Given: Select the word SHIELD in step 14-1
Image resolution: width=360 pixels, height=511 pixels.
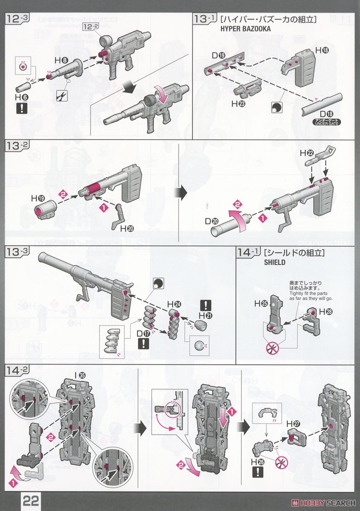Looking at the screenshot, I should click(274, 262).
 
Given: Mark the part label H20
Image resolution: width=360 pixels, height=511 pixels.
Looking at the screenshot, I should click(127, 229).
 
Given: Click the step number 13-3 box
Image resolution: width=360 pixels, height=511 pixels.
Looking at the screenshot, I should click(17, 252).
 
